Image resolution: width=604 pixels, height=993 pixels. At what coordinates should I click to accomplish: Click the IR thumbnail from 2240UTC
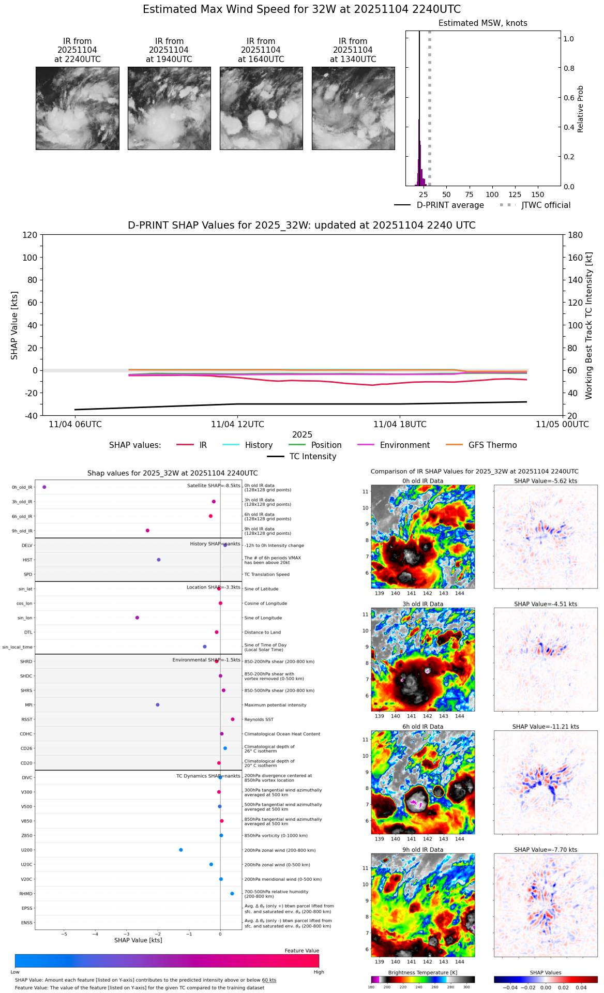[x=78, y=108]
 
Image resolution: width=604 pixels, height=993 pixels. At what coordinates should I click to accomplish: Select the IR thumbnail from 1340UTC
[x=353, y=108]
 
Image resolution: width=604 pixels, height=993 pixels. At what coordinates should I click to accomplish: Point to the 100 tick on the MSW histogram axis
[x=492, y=194]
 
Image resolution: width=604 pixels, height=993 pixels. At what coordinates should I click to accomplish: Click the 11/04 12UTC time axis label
[x=237, y=425]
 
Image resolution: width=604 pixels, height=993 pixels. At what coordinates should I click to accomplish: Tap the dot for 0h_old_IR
[x=44, y=487]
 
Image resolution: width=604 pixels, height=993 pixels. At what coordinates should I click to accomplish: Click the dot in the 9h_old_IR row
[x=147, y=531]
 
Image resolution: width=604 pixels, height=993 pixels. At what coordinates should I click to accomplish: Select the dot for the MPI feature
[x=158, y=705]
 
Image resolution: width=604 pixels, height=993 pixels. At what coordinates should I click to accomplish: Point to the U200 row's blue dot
[x=181, y=850]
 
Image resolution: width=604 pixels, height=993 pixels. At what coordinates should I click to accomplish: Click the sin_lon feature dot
[x=137, y=618]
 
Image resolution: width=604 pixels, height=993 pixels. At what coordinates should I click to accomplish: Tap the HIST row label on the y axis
[x=27, y=560]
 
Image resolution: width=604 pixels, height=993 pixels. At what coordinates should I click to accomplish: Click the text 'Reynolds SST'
[x=259, y=719]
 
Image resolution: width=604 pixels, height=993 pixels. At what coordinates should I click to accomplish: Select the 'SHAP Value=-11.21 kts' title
[x=546, y=727]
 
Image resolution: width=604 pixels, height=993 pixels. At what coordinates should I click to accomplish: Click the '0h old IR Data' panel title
[x=422, y=481]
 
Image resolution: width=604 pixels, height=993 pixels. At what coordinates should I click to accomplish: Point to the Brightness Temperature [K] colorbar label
[x=422, y=973]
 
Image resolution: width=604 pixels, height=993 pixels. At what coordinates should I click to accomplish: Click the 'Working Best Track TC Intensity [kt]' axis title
[x=588, y=325]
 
